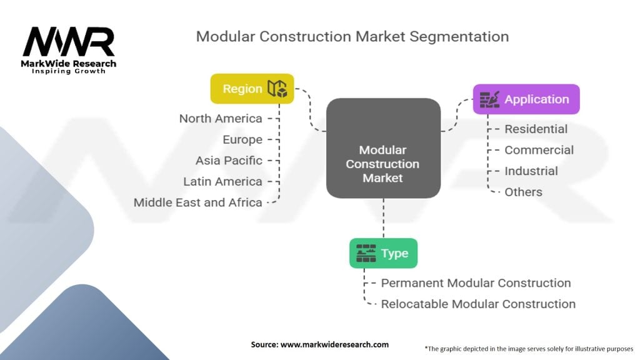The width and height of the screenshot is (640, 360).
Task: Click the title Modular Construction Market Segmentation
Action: tap(352, 36)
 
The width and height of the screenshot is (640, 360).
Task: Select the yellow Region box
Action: tap(252, 89)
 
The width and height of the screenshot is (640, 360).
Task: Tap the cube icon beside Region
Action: tap(277, 89)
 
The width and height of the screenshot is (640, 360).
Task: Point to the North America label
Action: tap(221, 118)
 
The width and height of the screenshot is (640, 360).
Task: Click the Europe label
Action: tap(242, 139)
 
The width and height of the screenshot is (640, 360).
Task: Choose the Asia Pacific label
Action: tap(229, 160)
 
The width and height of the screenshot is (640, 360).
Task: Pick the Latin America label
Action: tap(222, 181)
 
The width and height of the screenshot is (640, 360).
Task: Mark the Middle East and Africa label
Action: tap(197, 202)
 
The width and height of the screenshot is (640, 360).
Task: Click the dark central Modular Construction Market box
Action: tap(383, 148)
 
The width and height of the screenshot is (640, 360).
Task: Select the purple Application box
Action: tap(526, 99)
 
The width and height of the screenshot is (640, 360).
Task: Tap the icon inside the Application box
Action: tap(489, 99)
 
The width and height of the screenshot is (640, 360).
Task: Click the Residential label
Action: tap(536, 129)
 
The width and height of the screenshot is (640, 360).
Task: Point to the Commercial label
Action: tap(539, 150)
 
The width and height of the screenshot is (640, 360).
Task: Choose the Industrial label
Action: tap(531, 171)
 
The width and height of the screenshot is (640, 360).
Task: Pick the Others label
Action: tap(523, 192)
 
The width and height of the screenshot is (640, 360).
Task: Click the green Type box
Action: tap(383, 253)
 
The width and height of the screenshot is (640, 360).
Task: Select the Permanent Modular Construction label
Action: tap(476, 283)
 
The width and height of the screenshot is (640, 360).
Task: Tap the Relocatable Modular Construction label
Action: tap(478, 304)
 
